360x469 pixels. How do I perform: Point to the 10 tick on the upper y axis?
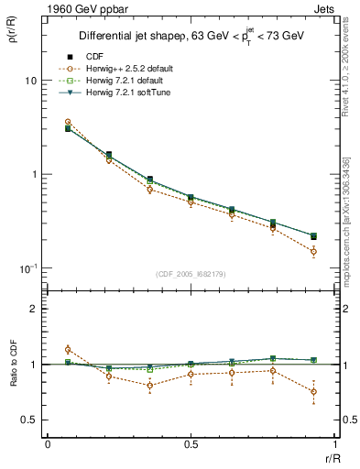click(x=29, y=81)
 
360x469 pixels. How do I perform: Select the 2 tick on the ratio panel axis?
click(x=33, y=309)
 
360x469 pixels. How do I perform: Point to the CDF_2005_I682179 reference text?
click(x=191, y=274)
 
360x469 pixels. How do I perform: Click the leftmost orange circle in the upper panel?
click(x=68, y=122)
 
